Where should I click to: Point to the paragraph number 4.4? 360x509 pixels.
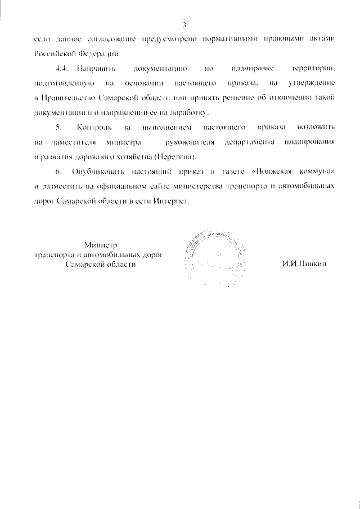[62, 68]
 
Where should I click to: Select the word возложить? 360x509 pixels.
[312, 127]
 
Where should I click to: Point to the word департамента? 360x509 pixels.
[249, 142]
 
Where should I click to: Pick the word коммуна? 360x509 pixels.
[312, 172]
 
